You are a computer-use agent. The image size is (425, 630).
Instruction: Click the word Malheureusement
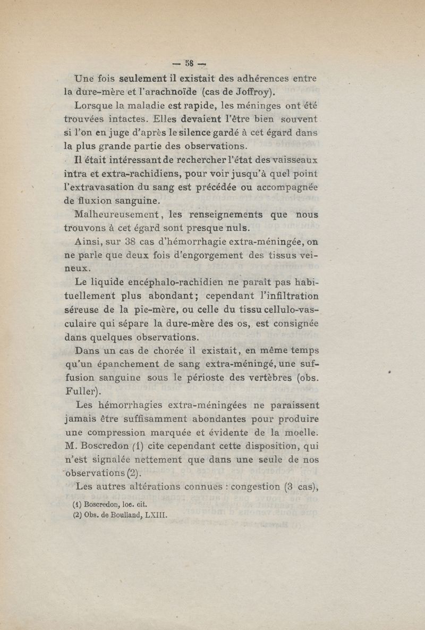(117, 215)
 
